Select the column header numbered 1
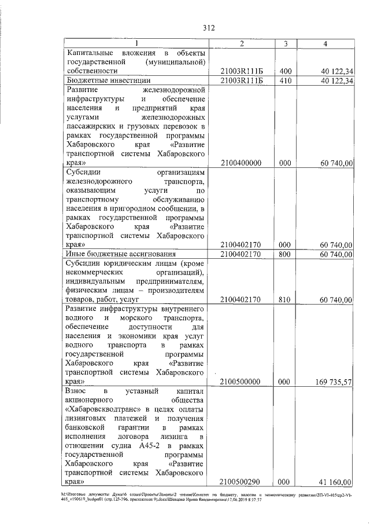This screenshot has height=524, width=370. pos(136,44)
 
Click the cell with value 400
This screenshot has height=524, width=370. pos(284,71)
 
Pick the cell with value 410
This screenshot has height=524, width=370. pos(284,80)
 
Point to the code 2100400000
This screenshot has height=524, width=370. pos(242,164)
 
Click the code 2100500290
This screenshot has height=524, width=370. pos(242,482)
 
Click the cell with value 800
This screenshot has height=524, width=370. pos(284,254)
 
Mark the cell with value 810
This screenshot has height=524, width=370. pos(284,299)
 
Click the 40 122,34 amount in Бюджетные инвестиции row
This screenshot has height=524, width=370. pos(334,80)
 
